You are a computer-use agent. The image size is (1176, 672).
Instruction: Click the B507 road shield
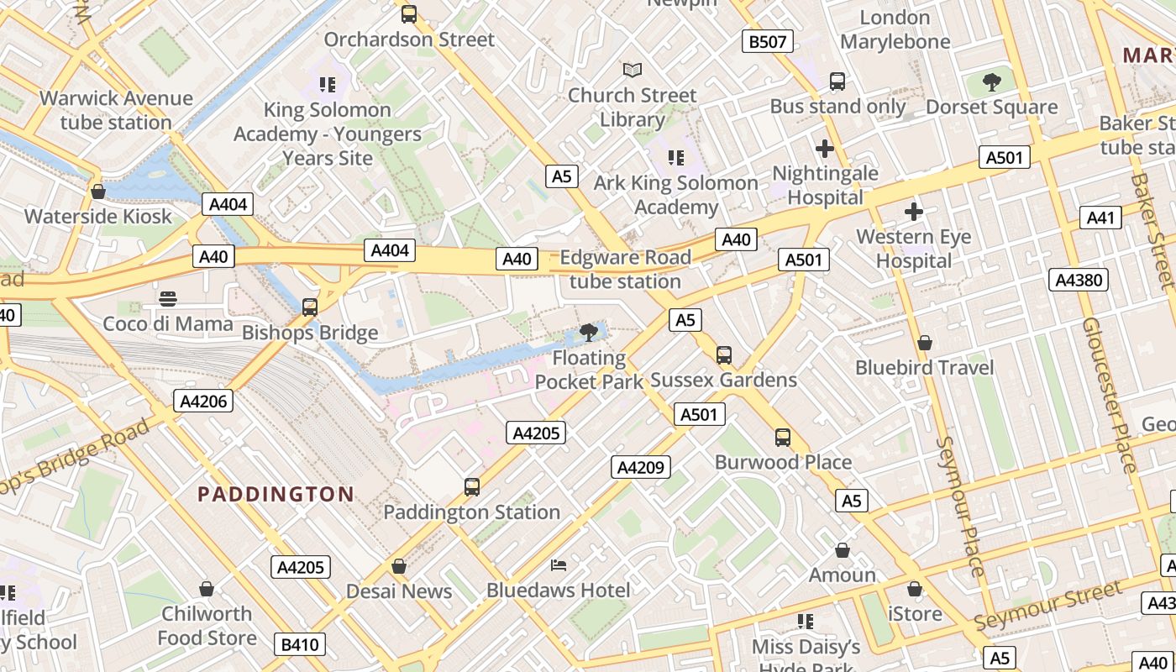[x=768, y=41]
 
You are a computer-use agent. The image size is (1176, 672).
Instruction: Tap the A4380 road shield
[x=1079, y=280]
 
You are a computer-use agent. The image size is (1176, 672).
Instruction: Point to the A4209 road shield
[x=641, y=467]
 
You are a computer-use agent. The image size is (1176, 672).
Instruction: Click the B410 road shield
[x=300, y=644]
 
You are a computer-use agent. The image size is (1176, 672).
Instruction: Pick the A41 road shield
[x=1100, y=218]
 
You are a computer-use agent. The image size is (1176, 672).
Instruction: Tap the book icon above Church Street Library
[x=632, y=71]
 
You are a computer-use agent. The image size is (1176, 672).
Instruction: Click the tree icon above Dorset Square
[x=991, y=82]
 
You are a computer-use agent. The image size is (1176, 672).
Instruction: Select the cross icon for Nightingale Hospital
[x=825, y=149]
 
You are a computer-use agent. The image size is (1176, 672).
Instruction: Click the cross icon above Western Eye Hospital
[x=914, y=212]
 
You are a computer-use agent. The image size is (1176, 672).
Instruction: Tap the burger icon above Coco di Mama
[x=168, y=298]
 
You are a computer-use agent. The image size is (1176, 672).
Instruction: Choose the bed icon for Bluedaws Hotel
[x=559, y=565]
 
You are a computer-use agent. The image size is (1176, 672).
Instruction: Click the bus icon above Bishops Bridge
[x=310, y=307]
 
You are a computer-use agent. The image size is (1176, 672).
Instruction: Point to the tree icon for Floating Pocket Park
[x=589, y=333]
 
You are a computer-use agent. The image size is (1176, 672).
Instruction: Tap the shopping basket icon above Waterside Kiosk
[x=98, y=192]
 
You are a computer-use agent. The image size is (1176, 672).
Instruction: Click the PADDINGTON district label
[x=276, y=494]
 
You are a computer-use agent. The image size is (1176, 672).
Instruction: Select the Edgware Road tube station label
[x=625, y=269]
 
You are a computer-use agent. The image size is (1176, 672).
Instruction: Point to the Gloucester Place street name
[x=1112, y=395]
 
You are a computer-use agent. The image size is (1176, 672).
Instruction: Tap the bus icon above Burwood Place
[x=783, y=437]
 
